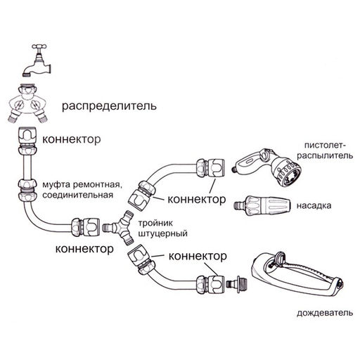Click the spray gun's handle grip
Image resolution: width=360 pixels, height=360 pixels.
pyautogui.click(x=250, y=167)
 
